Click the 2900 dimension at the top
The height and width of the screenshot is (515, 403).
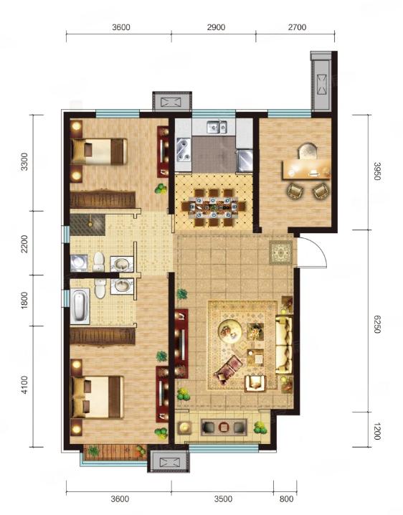pos(216,27)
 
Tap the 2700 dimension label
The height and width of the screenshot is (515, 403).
pos(298,27)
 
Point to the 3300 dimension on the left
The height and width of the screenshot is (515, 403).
pos(24,161)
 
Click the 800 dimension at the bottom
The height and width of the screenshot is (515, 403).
pos(286,499)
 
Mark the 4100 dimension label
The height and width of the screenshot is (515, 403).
pos(24,385)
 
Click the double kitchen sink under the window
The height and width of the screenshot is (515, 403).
pos(217,127)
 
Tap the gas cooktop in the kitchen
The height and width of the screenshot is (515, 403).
pos(184,150)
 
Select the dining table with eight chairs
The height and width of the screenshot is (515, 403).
pos(214,207)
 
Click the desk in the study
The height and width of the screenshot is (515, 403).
pos(306,169)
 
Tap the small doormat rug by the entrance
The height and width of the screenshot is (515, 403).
pos(281,252)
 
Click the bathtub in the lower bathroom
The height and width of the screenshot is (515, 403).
pos(80,306)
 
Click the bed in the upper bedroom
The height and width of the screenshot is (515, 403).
pos(99,151)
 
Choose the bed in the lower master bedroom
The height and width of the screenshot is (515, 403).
pos(98,397)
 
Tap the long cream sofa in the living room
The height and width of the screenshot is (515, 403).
pos(284,344)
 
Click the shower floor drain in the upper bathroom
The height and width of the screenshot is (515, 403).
pos(90,225)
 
